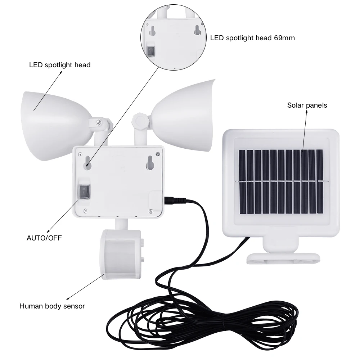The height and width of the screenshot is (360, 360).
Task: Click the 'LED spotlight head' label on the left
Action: coord(60,65)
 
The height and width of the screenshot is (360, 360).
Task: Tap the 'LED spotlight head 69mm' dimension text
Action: coord(252,38)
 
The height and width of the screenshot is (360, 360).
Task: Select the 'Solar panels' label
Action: coord(307,105)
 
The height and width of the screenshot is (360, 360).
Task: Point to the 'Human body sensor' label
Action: coord(52,306)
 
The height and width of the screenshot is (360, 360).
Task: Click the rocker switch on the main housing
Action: coord(85,192)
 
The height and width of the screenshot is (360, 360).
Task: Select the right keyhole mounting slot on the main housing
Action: coord(150,164)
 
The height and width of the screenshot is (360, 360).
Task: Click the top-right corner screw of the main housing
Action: coord(158,154)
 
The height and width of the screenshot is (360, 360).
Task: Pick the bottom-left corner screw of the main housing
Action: coord(85,211)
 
